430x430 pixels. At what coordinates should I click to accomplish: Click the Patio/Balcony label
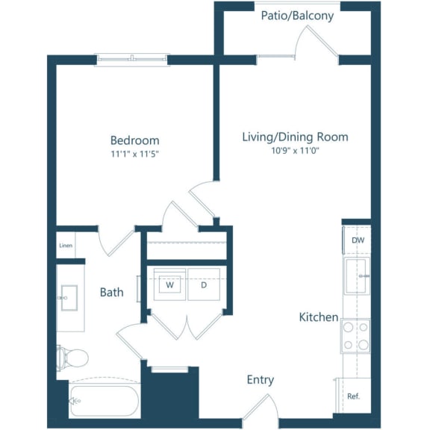(x=297, y=16)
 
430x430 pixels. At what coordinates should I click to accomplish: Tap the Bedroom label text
(x=134, y=140)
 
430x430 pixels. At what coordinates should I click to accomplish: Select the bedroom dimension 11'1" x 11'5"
(x=134, y=155)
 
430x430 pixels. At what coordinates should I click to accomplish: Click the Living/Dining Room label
(x=295, y=137)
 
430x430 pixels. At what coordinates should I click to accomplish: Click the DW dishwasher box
(x=357, y=240)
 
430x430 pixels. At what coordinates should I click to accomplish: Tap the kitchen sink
(x=356, y=275)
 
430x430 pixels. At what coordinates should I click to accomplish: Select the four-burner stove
(x=355, y=336)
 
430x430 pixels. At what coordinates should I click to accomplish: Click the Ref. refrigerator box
(x=353, y=396)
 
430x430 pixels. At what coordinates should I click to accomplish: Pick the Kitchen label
(x=319, y=317)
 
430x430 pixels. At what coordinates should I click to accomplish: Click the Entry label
(x=261, y=380)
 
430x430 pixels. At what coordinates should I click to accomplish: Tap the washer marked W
(x=170, y=284)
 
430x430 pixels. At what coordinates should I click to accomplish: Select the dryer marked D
(x=203, y=284)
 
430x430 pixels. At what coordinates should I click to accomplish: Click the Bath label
(x=112, y=292)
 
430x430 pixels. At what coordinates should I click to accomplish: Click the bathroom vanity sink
(x=69, y=297)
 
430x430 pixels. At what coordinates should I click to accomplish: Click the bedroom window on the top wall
(x=132, y=59)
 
